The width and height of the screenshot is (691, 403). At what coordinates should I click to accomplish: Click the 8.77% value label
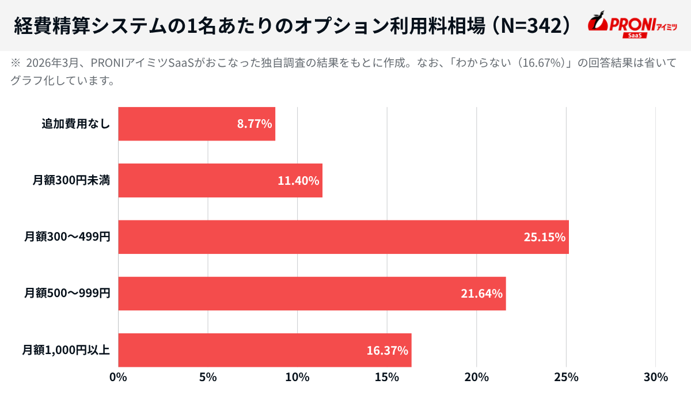pyautogui.click(x=254, y=124)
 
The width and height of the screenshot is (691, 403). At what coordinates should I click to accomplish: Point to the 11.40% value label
pyautogui.click(x=298, y=181)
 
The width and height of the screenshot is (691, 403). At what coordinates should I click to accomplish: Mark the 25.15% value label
pyautogui.click(x=544, y=237)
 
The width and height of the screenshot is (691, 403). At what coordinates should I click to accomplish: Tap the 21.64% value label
pyautogui.click(x=481, y=294)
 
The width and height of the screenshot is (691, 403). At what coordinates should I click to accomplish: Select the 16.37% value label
pyautogui.click(x=387, y=350)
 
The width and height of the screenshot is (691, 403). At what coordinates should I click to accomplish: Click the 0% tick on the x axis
pyautogui.click(x=118, y=378)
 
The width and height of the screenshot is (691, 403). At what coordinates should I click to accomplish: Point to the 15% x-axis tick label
pyautogui.click(x=387, y=378)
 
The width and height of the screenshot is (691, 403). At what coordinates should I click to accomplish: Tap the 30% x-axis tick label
pyautogui.click(x=655, y=378)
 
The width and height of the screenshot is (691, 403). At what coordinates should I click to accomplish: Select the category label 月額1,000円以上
pyautogui.click(x=66, y=350)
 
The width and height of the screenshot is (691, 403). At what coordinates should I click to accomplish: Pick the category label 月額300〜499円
pyautogui.click(x=67, y=237)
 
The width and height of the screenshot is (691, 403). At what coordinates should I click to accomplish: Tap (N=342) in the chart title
pyautogui.click(x=532, y=25)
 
